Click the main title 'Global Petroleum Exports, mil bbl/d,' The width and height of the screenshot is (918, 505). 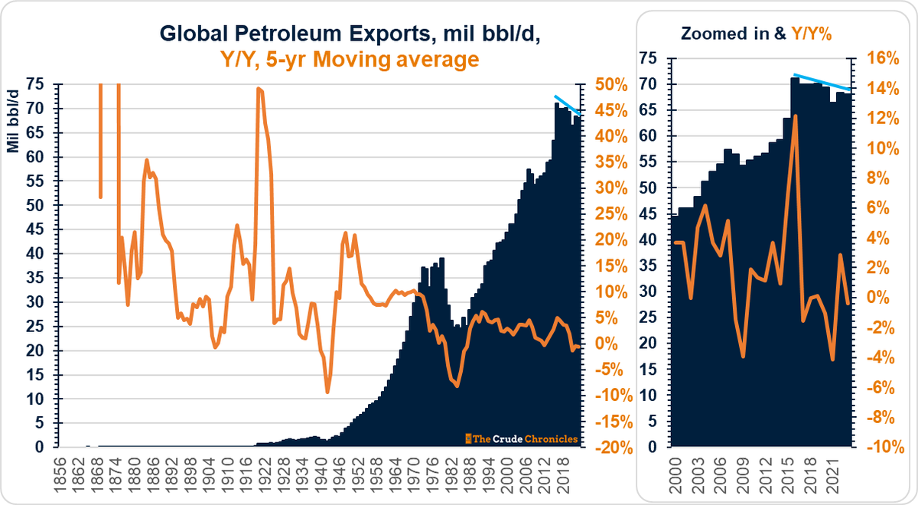click(x=317, y=34)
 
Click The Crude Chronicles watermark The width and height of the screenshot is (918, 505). click(x=522, y=438)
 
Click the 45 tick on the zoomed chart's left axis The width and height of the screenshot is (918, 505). click(x=653, y=239)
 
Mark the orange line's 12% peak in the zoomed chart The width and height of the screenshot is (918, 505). click(x=796, y=116)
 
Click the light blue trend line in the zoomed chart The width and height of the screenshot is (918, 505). click(x=822, y=82)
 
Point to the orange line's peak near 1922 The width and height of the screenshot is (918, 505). click(x=259, y=89)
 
